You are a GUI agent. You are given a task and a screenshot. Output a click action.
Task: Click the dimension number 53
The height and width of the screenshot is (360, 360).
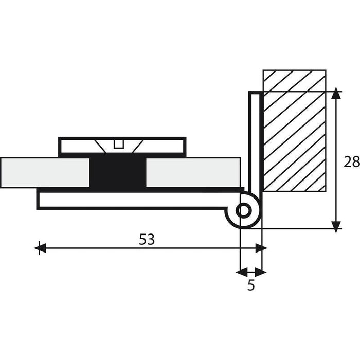point(147,239)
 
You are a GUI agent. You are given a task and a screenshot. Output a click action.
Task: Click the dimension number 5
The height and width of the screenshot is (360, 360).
point(251,285)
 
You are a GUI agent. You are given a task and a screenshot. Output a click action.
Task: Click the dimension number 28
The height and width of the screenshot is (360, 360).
point(352,161)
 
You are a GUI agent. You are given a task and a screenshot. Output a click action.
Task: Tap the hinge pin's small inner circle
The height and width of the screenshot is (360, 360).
point(244,210)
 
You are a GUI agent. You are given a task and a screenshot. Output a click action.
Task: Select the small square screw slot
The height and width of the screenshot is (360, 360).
point(119,144)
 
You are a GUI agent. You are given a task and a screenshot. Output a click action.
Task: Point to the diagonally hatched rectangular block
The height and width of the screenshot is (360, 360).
point(294,131)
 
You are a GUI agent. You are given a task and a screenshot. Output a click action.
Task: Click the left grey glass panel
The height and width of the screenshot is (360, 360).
point(45,172)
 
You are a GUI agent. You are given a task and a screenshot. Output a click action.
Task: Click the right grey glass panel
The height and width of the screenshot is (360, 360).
point(193,172)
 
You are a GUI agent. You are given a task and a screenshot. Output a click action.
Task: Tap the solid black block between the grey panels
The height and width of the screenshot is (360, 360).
point(118,172)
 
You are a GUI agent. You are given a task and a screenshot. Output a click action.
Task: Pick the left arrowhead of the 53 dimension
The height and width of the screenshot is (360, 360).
point(40,248)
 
